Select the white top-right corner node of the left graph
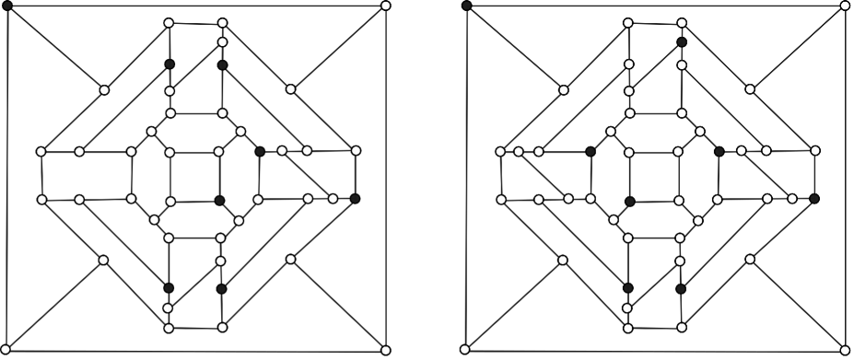[x=385, y=6]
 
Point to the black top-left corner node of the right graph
[x=467, y=6]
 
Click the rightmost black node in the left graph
[x=356, y=198]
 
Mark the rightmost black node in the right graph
[x=814, y=198]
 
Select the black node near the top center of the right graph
[x=681, y=42]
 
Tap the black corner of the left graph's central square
[x=219, y=200]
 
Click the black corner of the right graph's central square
[x=629, y=201]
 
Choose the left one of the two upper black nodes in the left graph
[x=170, y=64]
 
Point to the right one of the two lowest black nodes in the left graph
[x=221, y=289]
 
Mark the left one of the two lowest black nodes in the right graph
[x=627, y=288]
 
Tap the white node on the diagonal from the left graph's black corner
[x=104, y=90]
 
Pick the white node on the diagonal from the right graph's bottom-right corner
[x=750, y=260]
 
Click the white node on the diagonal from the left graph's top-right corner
[x=290, y=89]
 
